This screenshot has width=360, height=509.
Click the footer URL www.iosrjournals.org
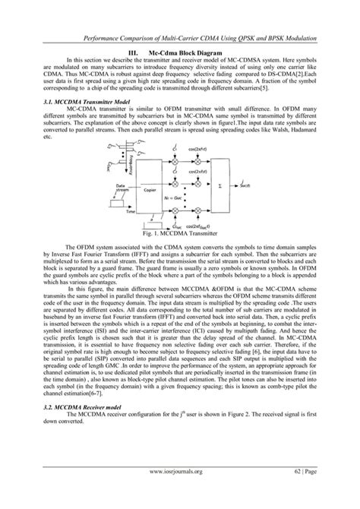pos(179,492)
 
